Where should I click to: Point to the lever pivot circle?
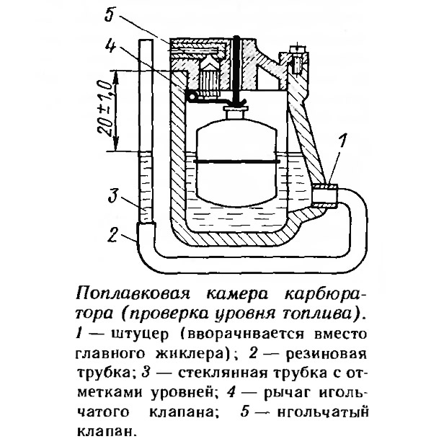[192, 96]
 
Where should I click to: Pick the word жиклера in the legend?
[190, 355]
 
